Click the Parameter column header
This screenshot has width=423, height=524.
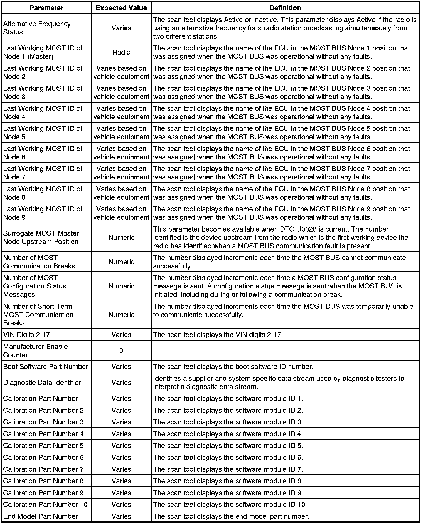(46, 8)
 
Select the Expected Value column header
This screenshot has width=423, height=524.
(121, 8)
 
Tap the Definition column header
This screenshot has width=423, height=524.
(285, 8)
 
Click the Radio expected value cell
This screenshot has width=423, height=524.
(121, 52)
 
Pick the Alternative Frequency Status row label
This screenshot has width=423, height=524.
(37, 28)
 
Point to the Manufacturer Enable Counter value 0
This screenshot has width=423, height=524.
(121, 351)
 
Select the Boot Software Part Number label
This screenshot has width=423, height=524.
(46, 367)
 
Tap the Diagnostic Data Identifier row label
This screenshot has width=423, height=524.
(42, 383)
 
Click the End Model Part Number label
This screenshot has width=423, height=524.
(40, 516)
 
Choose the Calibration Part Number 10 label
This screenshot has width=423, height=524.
(45, 505)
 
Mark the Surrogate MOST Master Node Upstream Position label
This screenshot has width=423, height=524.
(41, 238)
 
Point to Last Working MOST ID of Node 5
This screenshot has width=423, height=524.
(43, 133)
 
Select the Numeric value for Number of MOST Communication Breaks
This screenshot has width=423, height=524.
(121, 262)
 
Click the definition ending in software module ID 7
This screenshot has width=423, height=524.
(228, 469)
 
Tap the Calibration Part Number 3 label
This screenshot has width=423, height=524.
(43, 422)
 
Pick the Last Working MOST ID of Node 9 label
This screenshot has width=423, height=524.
(43, 213)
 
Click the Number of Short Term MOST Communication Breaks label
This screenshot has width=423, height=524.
(38, 315)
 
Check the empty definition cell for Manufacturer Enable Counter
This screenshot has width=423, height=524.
(285, 351)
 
